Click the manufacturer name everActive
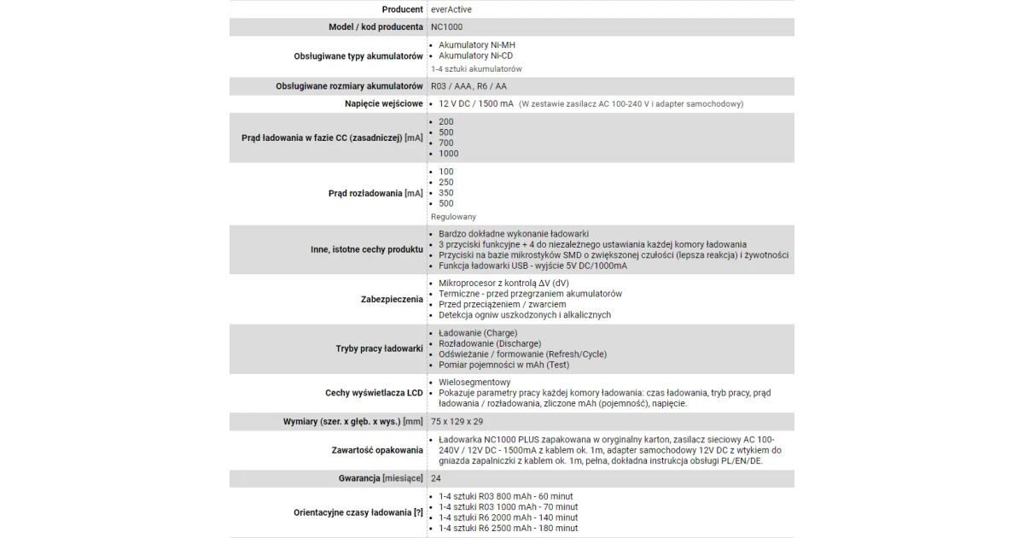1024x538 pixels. (451, 9)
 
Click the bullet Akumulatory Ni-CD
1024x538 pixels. (475, 56)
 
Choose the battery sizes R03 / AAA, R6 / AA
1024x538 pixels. (468, 86)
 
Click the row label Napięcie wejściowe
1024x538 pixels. (380, 104)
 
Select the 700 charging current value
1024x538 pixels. (446, 143)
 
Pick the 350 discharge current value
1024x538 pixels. (446, 193)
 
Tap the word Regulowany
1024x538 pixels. (453, 217)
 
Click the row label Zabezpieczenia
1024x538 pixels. (392, 299)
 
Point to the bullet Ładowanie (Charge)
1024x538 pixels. (477, 332)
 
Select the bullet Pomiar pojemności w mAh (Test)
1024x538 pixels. (503, 365)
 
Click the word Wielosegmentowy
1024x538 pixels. (474, 382)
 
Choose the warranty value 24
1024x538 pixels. (436, 478)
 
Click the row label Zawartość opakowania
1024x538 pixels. (377, 450)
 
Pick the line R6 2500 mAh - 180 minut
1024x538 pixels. (508, 528)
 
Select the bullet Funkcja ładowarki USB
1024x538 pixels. (532, 266)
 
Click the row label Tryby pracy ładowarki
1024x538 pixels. (379, 348)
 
